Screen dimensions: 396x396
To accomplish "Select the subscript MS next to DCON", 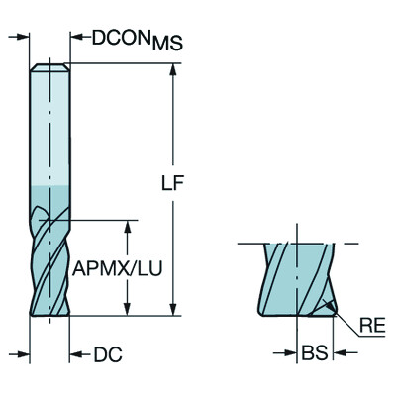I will [x=169, y=45].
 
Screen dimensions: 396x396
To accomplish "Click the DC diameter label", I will [x=106, y=354].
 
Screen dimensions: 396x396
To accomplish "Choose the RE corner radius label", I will [x=372, y=324].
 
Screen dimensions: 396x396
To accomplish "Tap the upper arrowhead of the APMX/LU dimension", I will [x=126, y=227].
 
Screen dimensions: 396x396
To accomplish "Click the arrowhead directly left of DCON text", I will [x=76, y=39].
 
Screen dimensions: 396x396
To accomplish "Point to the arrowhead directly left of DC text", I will [x=76, y=353].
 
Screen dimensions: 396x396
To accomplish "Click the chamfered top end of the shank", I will [x=49, y=68].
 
